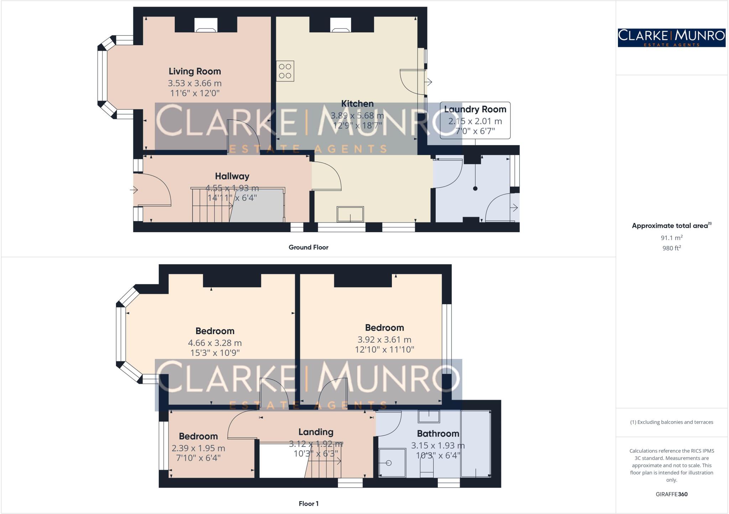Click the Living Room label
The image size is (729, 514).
[195, 71]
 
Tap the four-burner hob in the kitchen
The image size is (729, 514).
[285, 71]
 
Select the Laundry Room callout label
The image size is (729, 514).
[475, 109]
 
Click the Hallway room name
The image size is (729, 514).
[232, 176]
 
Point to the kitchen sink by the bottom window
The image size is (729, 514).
[351, 214]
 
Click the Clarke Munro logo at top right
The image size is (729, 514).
[671, 38]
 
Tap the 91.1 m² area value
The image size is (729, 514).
[671, 238]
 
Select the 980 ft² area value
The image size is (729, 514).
[671, 248]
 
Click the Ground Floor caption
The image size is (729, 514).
[308, 247]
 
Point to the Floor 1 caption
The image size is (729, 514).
[308, 504]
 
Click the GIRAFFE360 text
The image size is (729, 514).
[671, 494]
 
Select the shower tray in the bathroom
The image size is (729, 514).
[392, 462]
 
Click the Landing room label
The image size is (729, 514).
[316, 432]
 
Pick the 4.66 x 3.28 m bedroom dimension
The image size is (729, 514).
[215, 343]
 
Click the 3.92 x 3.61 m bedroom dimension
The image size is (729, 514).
[384, 340]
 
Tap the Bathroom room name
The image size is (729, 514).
[438, 434]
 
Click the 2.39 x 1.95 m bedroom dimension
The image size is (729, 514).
[198, 449]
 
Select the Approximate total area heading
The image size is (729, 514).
[670, 226]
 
